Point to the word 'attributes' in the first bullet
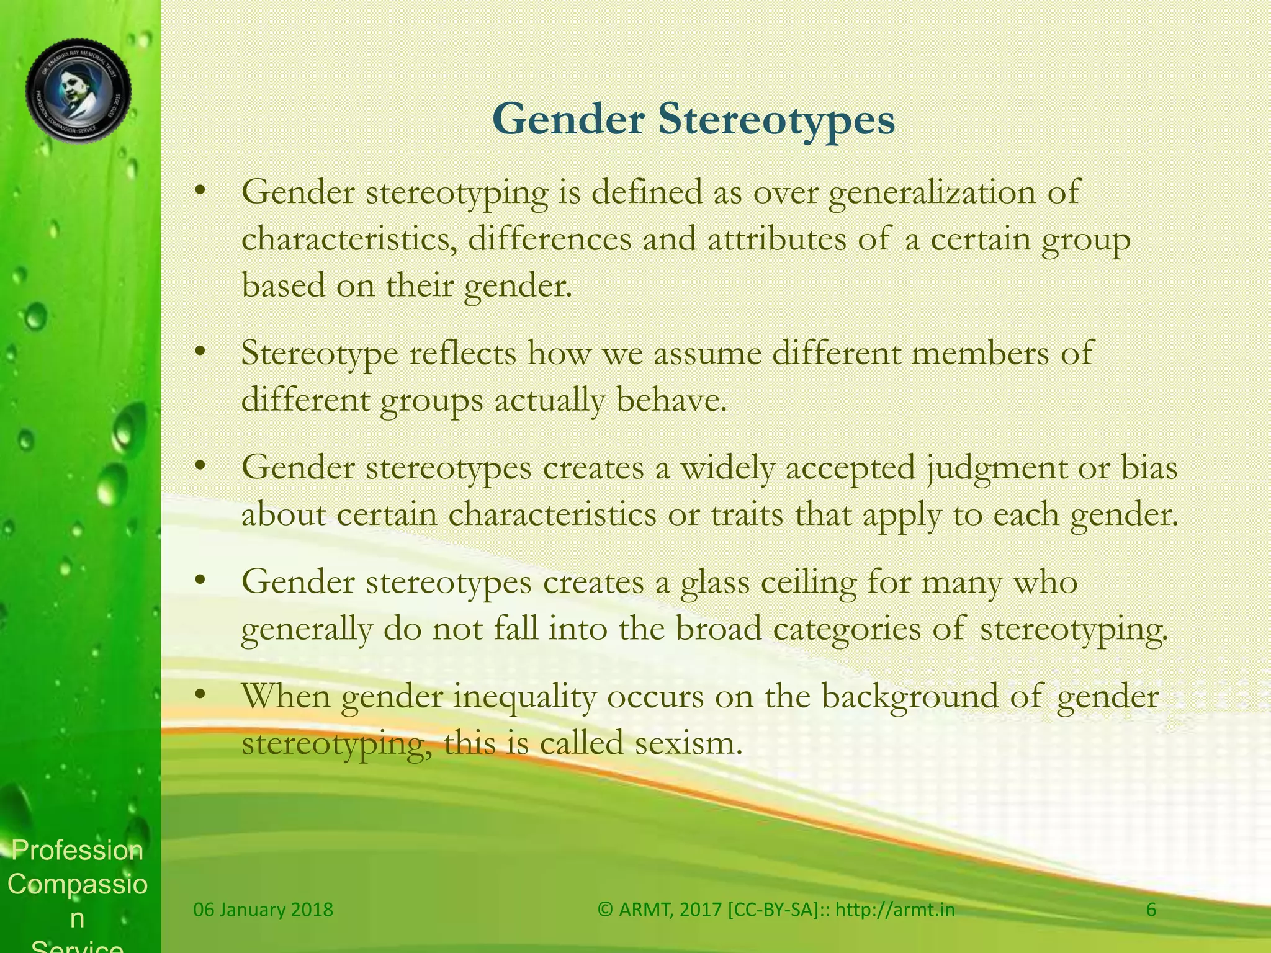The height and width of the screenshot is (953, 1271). tap(776, 239)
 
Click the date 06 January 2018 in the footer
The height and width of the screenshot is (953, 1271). tap(263, 910)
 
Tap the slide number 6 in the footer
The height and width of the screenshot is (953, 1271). tap(1151, 910)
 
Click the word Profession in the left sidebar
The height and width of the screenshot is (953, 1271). tap(78, 851)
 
